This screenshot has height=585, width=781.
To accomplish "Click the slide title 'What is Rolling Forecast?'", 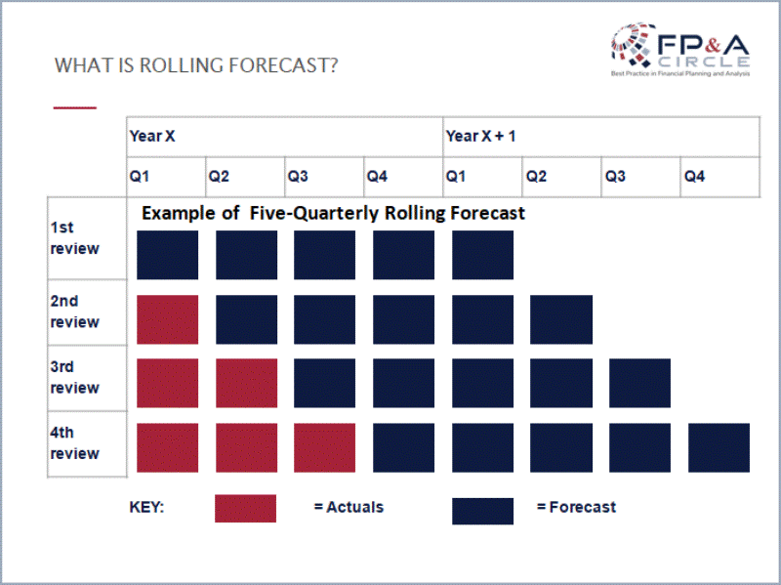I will click(x=197, y=66).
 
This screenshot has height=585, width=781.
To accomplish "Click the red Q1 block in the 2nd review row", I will click(x=168, y=319).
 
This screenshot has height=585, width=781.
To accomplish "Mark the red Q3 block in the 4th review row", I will click(x=325, y=448).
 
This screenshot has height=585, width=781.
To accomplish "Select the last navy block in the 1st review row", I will click(x=482, y=255).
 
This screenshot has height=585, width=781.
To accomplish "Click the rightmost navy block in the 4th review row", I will click(x=719, y=448).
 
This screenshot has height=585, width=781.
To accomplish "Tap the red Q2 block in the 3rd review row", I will click(x=246, y=383).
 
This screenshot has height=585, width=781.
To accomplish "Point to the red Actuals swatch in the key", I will click(x=246, y=508).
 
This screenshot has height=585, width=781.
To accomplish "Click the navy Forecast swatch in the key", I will click(x=482, y=510).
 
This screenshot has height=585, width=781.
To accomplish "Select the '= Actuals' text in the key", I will click(x=349, y=507).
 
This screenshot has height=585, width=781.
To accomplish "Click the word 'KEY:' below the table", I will click(x=146, y=508).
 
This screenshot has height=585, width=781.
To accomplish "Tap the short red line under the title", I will click(x=75, y=106).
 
